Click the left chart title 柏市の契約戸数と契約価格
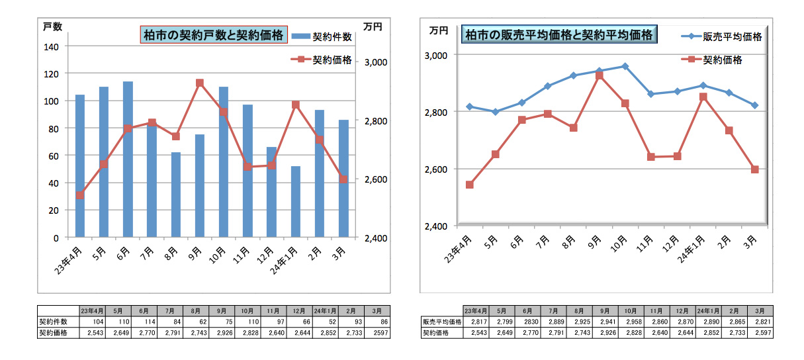pos(214,34)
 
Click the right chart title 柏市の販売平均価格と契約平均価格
pos(559,34)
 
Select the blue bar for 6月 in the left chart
pos(128,159)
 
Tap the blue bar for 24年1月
pos(295,201)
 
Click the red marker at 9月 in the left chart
pos(200,83)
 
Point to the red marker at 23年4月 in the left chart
pos(80,195)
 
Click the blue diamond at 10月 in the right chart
pos(625,66)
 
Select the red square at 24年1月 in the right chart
pos(703,97)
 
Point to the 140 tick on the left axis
pos(52,46)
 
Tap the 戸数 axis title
pos(53,26)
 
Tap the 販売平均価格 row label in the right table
pos(441,322)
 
